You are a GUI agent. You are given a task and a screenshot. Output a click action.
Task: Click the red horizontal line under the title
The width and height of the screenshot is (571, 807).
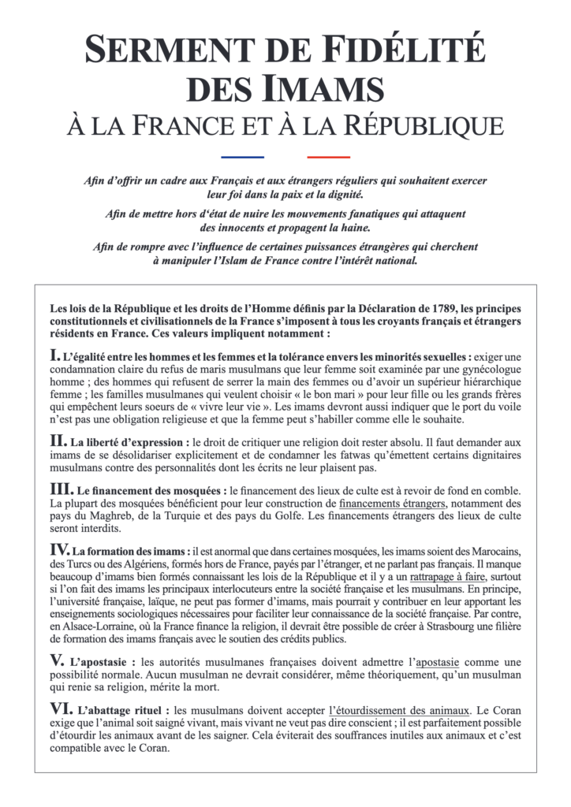(x=328, y=157)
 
